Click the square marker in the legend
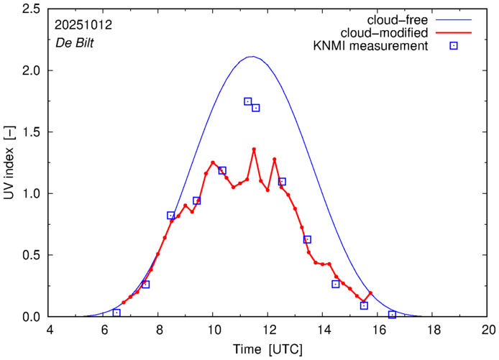coord(454,47)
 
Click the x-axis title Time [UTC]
coord(268,349)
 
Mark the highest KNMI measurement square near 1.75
coord(248,101)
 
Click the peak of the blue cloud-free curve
coord(252,57)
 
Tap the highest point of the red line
coord(254,149)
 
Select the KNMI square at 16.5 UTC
coord(392,315)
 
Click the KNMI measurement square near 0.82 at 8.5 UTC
coord(171,216)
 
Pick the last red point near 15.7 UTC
coord(370,293)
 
